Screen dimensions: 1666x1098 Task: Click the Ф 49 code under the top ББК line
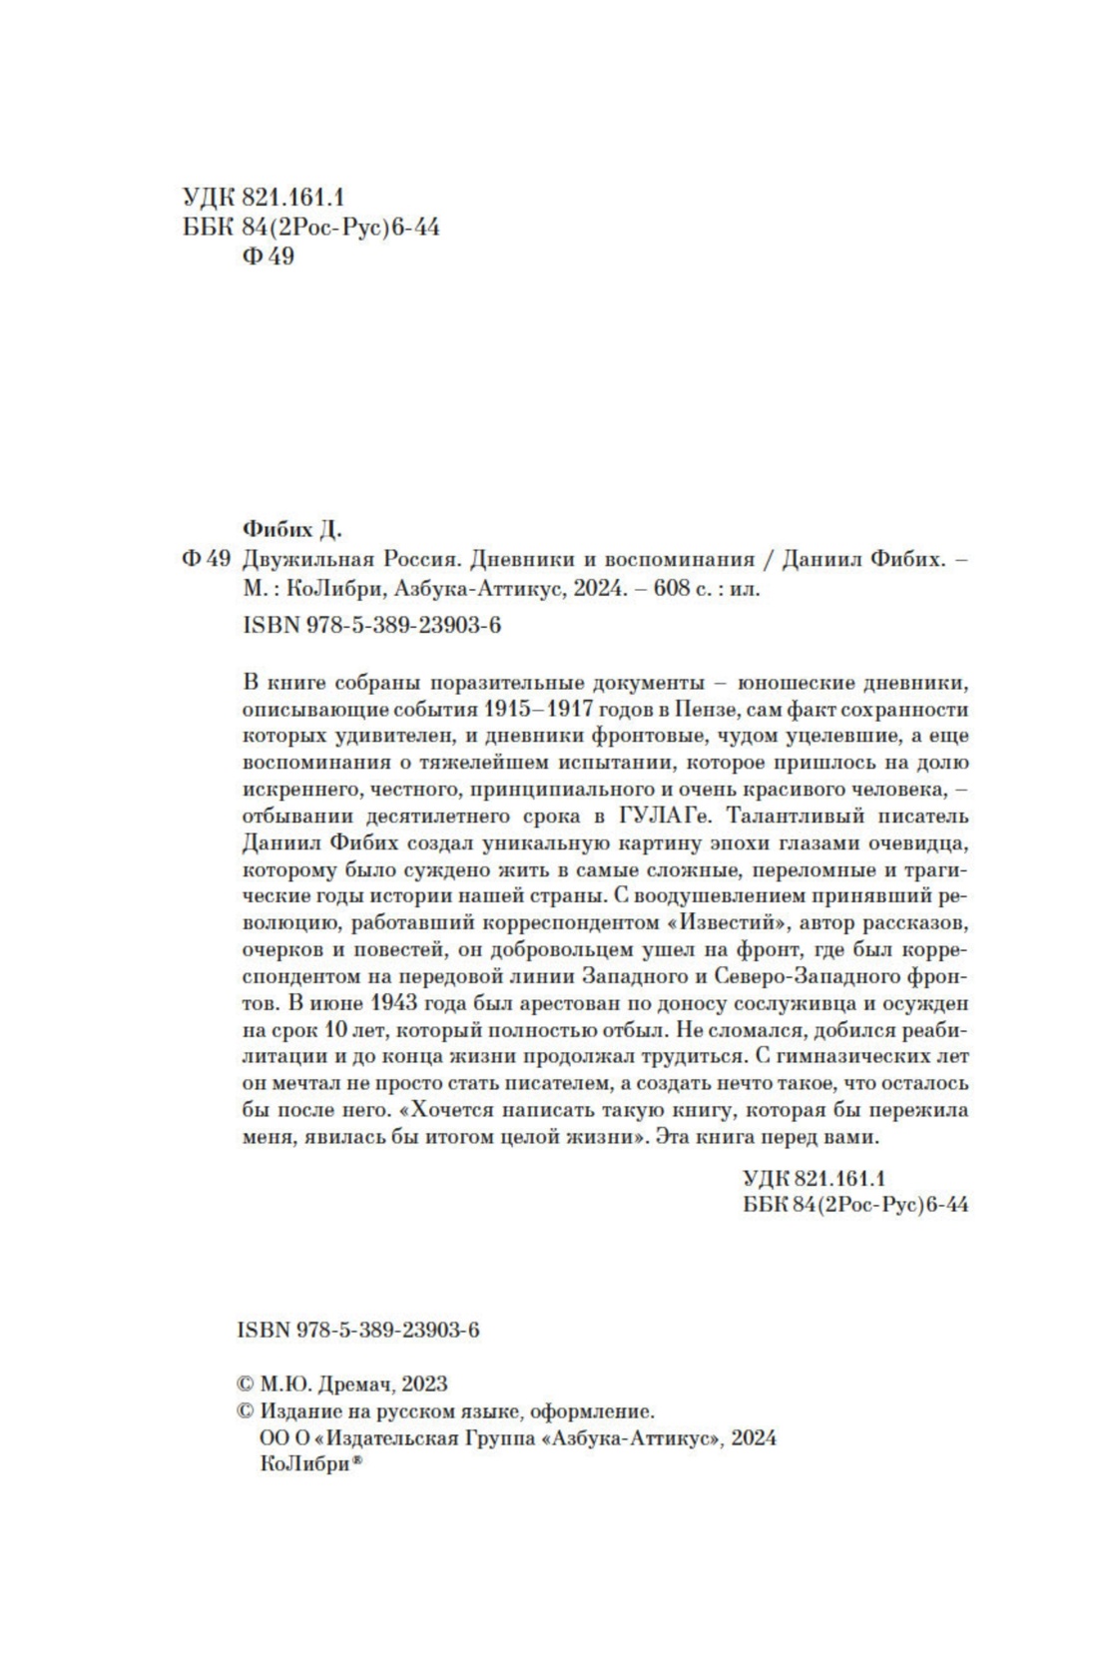[268, 258]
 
